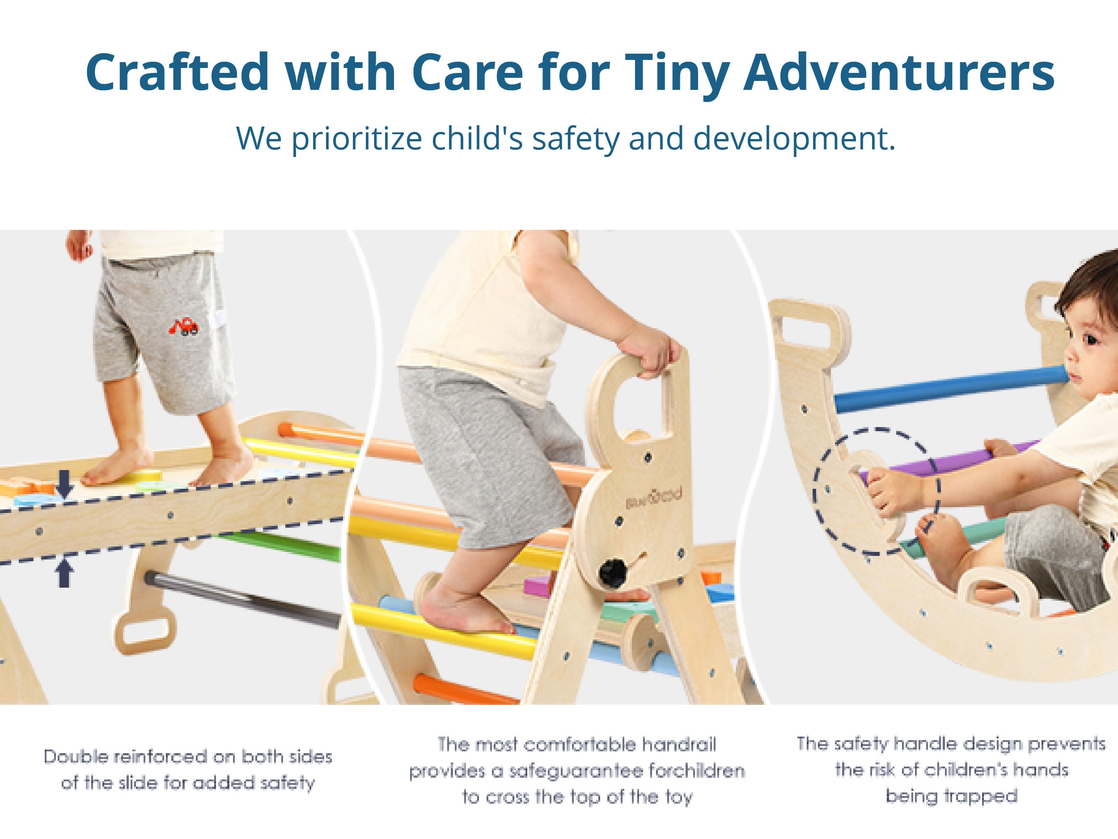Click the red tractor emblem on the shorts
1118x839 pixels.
coord(183,326)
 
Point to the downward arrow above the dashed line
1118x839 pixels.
coord(65,483)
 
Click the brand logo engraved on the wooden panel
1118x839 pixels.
coord(653,497)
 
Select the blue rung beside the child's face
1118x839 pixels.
coord(950,389)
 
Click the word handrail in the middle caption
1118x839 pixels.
coord(679,745)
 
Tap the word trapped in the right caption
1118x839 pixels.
coord(952,796)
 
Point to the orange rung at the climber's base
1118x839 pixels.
coord(465,688)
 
